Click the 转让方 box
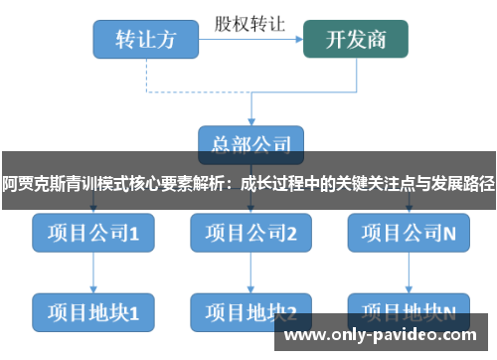(x=145, y=39)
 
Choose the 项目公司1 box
(x=92, y=235)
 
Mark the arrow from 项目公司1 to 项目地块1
(x=92, y=273)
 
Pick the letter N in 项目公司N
(x=449, y=235)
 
